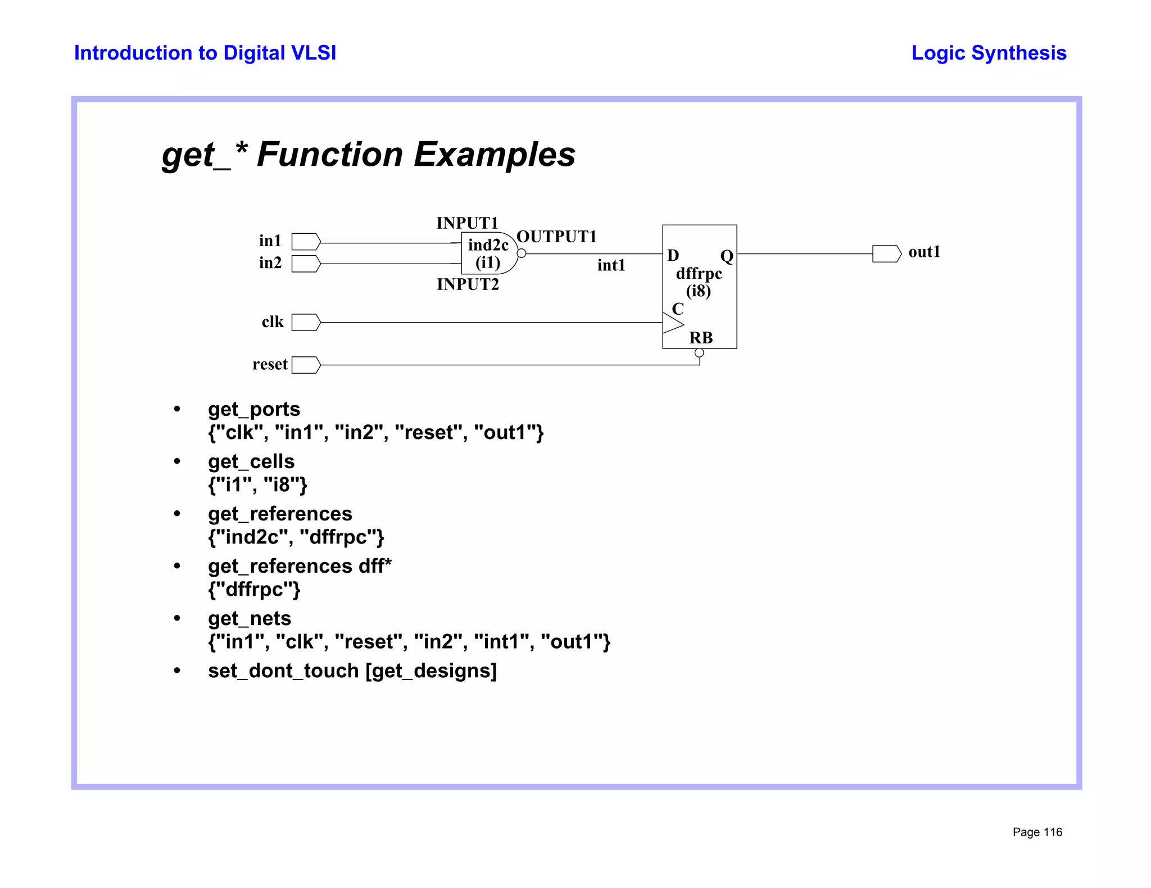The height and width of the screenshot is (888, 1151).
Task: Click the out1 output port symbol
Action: (x=886, y=253)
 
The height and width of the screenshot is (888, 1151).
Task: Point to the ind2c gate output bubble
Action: (x=522, y=253)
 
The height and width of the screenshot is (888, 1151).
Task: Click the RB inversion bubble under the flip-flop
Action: (x=699, y=353)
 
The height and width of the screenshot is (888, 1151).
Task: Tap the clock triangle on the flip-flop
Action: (x=673, y=323)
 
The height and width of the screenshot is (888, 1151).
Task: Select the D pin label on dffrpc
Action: (x=673, y=256)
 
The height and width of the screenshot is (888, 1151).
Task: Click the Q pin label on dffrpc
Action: (x=727, y=256)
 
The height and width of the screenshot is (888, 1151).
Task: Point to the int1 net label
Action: (x=611, y=265)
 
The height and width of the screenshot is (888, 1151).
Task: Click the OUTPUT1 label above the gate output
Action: (x=556, y=237)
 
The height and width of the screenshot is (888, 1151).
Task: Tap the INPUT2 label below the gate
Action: (x=468, y=284)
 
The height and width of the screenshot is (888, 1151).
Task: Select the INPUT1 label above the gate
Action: (x=467, y=223)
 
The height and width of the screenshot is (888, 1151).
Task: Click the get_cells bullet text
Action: (x=251, y=461)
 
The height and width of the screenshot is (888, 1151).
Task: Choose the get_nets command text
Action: (x=250, y=618)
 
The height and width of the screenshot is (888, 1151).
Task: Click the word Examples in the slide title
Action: (x=495, y=155)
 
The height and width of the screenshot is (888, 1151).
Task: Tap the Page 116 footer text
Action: (x=1037, y=832)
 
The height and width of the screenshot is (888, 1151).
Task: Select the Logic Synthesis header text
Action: (x=989, y=53)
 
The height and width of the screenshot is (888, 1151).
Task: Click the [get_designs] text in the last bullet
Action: (x=431, y=671)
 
